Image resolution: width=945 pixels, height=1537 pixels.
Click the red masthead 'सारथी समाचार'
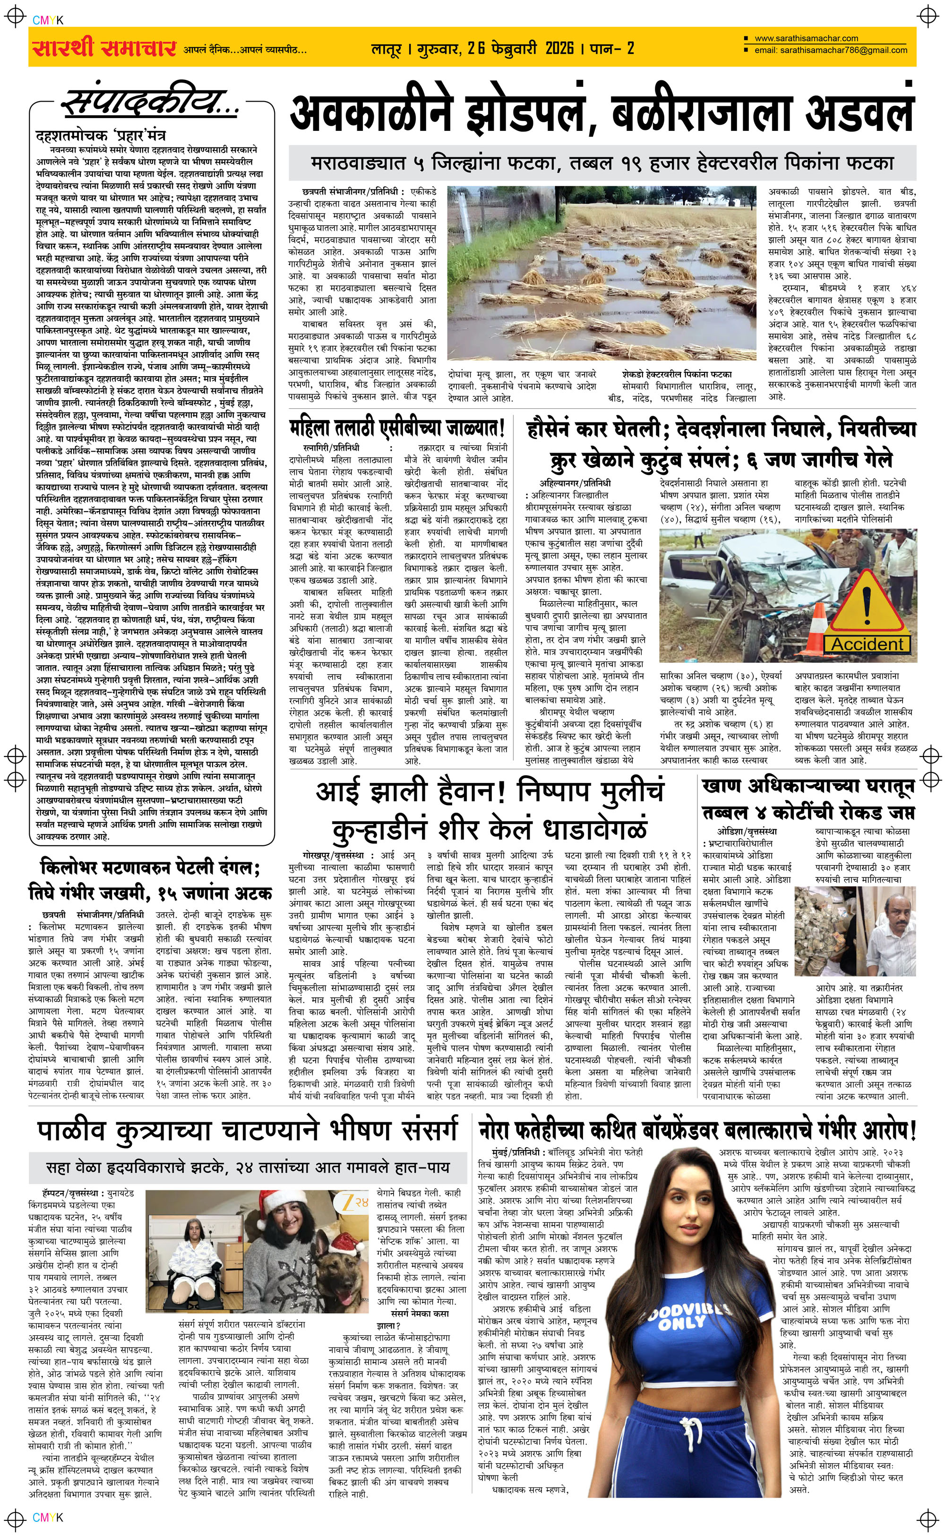[x=103, y=47]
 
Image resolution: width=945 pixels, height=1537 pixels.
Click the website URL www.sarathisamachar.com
[x=806, y=39]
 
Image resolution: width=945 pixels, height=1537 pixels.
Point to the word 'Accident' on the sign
[x=867, y=644]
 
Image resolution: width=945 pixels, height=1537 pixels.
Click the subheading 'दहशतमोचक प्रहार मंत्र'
[x=101, y=136]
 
